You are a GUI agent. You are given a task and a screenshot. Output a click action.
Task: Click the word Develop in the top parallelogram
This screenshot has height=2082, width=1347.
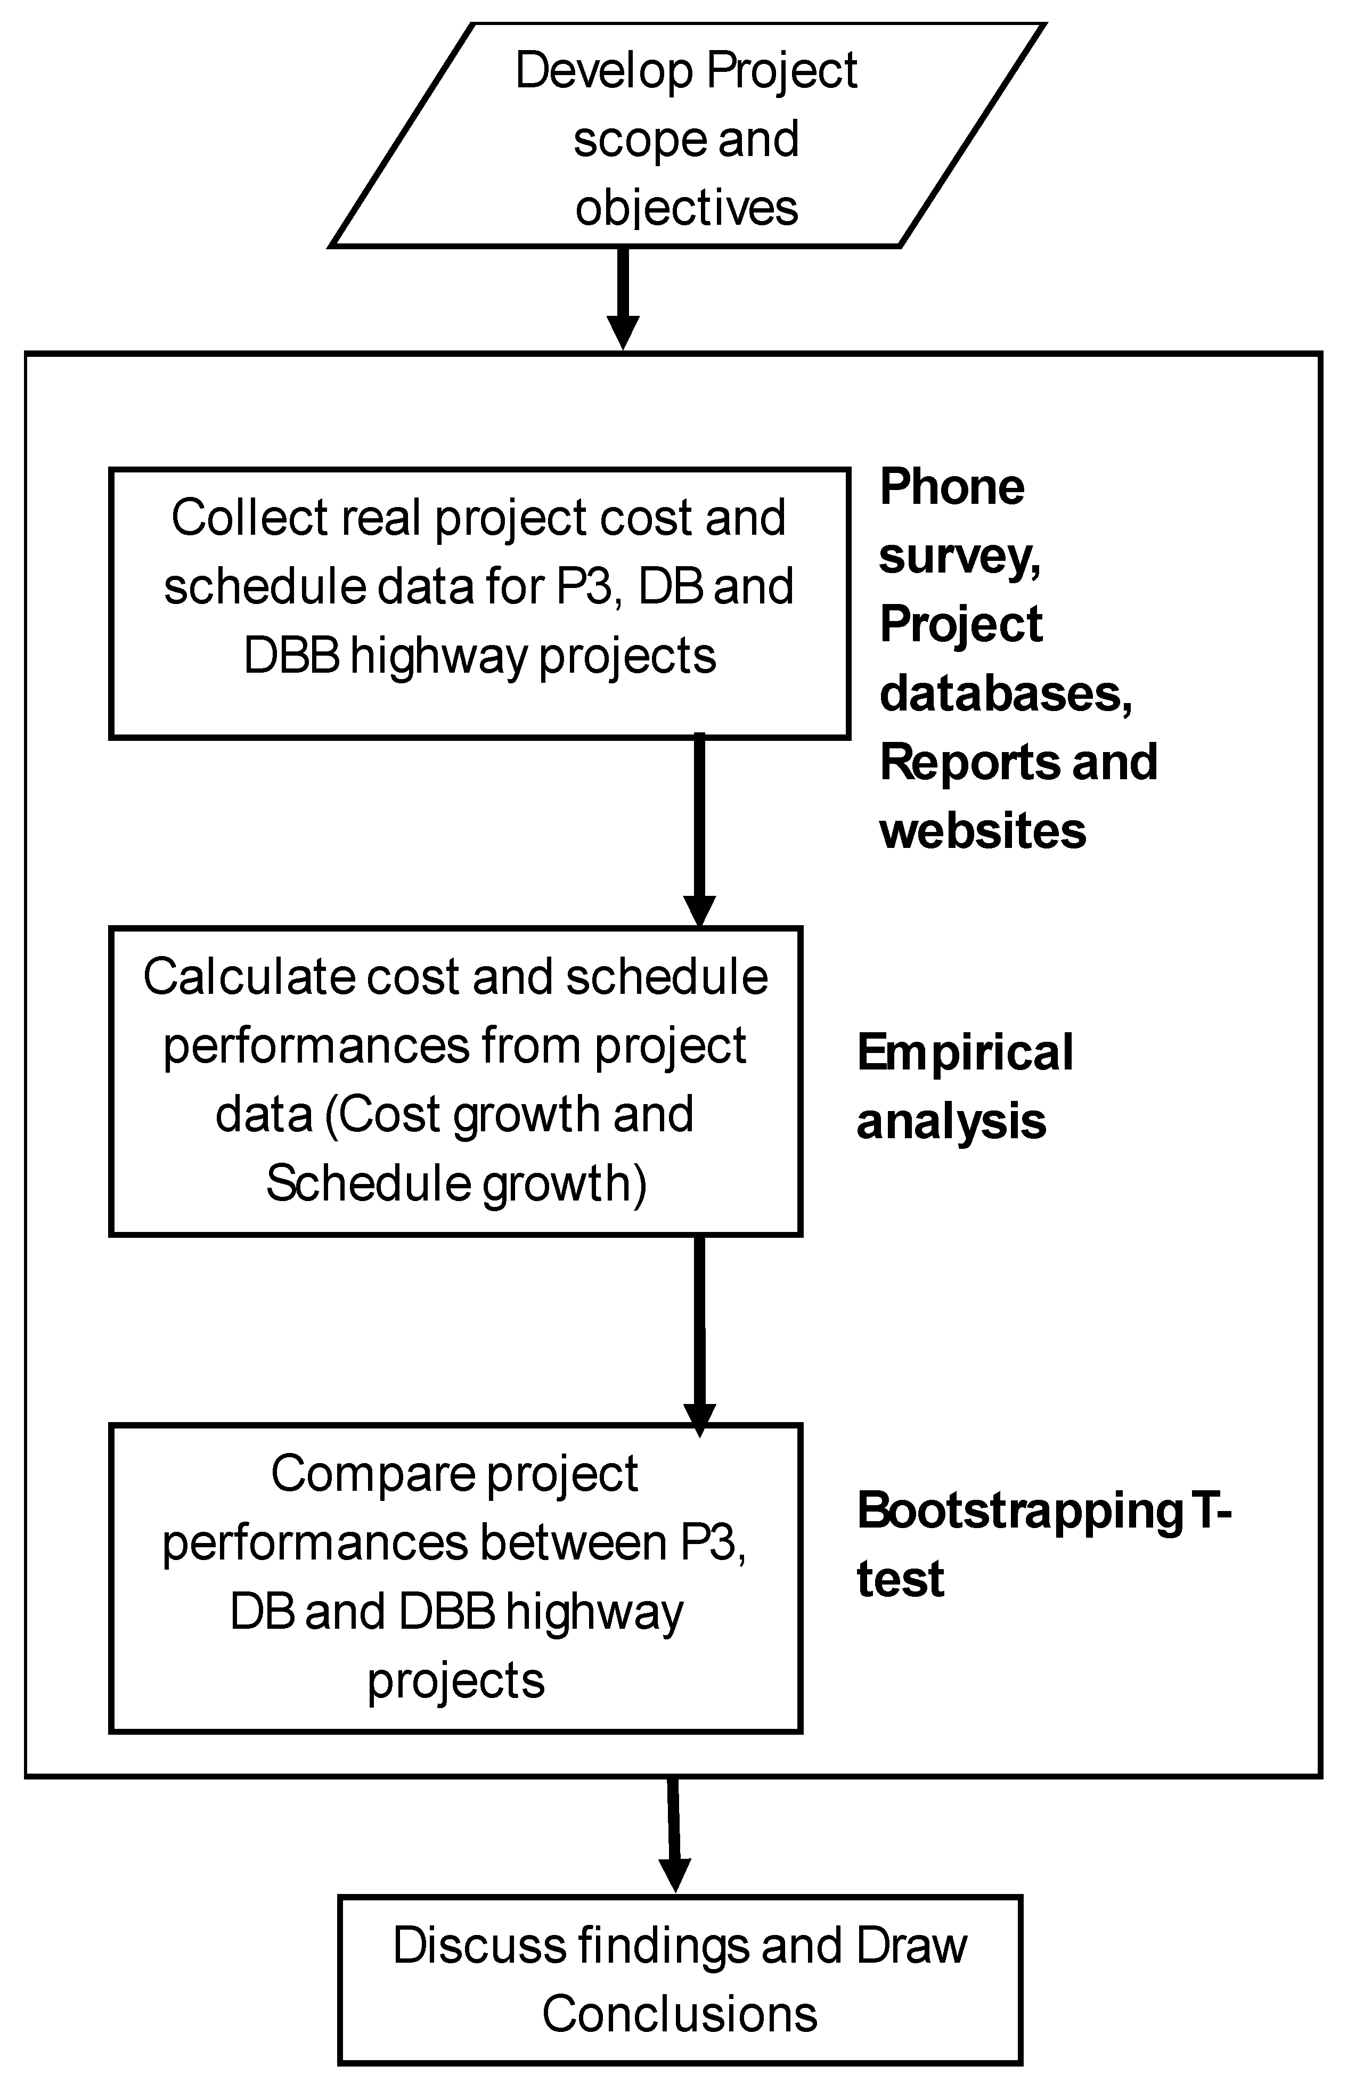pyautogui.click(x=605, y=72)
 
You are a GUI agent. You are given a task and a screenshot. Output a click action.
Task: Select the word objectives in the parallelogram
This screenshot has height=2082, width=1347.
pyautogui.click(x=687, y=208)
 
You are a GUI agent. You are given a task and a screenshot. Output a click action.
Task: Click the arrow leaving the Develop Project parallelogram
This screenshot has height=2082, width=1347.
pyautogui.click(x=623, y=297)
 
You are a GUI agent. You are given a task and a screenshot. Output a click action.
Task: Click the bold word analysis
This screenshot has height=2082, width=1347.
pyautogui.click(x=951, y=1122)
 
